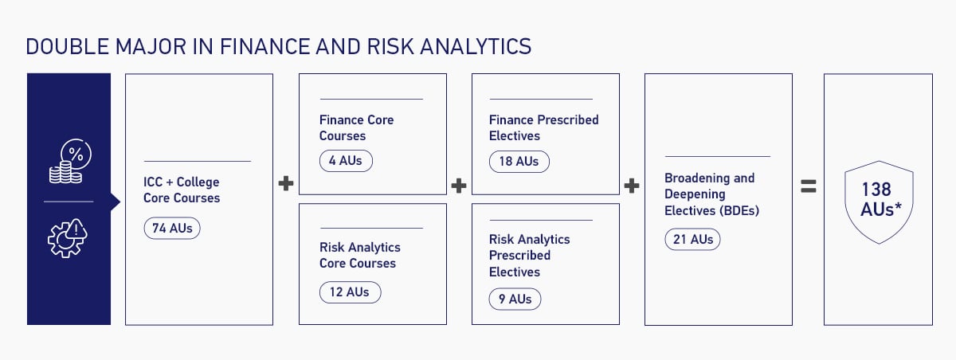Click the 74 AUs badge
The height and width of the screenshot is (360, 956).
pos(173,229)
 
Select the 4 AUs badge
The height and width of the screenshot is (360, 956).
pos(346,161)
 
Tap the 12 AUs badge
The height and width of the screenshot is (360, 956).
pos(350,292)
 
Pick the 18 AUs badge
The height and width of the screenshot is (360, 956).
pos(519,161)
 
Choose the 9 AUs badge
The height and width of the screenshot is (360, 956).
pos(515,299)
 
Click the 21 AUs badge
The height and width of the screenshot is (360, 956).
pos(692,239)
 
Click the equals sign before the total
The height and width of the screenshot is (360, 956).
pos(809,186)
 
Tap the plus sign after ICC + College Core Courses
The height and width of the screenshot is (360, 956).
pos(286,185)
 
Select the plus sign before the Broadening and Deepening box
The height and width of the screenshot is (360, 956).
pos(632,186)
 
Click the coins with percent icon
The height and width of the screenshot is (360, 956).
pos(70,163)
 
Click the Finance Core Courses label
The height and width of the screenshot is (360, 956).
pos(356,127)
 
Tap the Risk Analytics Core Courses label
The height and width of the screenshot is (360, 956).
pos(359,255)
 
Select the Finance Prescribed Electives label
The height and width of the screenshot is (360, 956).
pos(543,127)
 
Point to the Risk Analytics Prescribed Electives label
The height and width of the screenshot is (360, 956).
pos(529,255)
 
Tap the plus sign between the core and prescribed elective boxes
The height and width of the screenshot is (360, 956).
pos(459,186)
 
